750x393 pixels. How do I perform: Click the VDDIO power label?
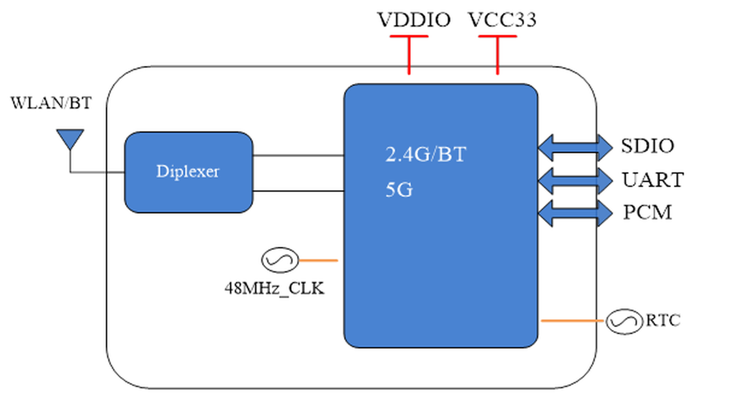tap(414, 20)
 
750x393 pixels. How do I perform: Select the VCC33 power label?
tap(502, 20)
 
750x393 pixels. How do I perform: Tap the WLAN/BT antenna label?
tap(51, 103)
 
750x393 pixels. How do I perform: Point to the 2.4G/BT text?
tap(426, 154)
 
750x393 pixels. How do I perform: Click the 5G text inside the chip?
tap(399, 190)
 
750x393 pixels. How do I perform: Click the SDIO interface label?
tap(648, 146)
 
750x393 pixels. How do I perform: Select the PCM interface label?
tap(648, 212)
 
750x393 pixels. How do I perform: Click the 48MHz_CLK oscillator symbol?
tap(280, 260)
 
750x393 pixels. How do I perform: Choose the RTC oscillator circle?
tap(624, 321)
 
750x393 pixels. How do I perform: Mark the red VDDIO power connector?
tap(409, 55)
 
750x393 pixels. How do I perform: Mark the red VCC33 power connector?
tap(498, 55)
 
